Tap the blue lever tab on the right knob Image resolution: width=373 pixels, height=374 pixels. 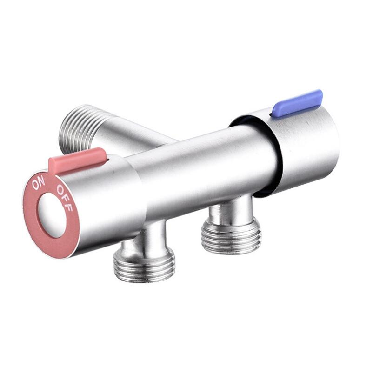tap(298, 103)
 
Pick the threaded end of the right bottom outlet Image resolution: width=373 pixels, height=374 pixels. tap(231, 237)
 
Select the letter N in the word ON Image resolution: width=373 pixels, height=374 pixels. tap(42, 183)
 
